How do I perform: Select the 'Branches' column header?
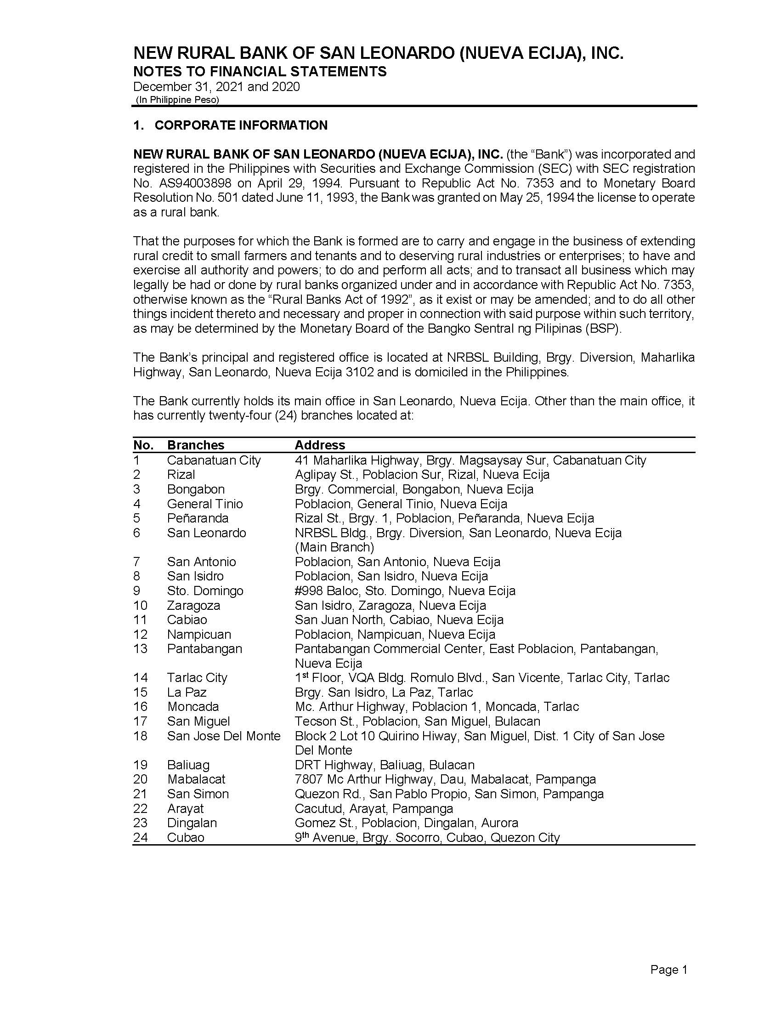pos(195,445)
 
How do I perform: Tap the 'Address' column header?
pos(320,445)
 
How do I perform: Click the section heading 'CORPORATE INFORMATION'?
pos(241,125)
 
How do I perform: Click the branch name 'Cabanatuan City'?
pos(214,460)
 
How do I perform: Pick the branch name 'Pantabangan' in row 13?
pos(204,648)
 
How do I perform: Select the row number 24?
pos(140,837)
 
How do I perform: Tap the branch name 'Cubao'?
pos(186,837)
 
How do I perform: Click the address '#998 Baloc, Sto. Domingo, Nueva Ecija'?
pos(405,591)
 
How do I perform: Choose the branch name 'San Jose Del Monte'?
pos(224,736)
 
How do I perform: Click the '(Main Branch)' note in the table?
pos(334,547)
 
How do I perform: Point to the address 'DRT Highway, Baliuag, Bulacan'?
pos(385,765)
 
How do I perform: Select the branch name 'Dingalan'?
pos(192,823)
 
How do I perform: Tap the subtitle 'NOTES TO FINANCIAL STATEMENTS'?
pos(260,71)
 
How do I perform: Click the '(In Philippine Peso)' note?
pos(177,100)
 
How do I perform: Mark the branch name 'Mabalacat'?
pos(196,779)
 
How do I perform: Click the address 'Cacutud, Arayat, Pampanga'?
pos(374,808)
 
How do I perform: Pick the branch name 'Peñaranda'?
pos(198,518)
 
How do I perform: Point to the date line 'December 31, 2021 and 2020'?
pos(216,86)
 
